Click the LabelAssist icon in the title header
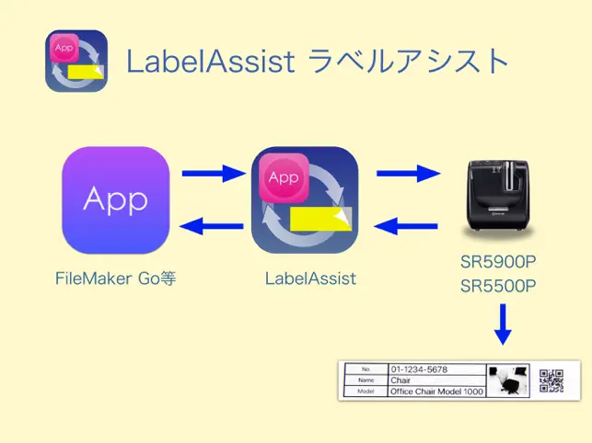[x=76, y=62]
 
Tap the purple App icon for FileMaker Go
[x=116, y=200]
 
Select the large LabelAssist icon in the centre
[x=305, y=200]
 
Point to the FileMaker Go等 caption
[x=115, y=278]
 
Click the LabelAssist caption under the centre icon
[x=310, y=278]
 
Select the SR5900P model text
[x=498, y=261]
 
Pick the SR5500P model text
[x=498, y=286]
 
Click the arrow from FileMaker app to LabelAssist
[x=212, y=172]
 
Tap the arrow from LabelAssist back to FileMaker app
[x=212, y=224]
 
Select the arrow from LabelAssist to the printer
[x=406, y=172]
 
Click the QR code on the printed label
[x=551, y=380]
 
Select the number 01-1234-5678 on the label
[x=419, y=369]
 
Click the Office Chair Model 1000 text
[x=435, y=392]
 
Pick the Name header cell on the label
[x=366, y=380]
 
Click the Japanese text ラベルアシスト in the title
[x=409, y=62]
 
